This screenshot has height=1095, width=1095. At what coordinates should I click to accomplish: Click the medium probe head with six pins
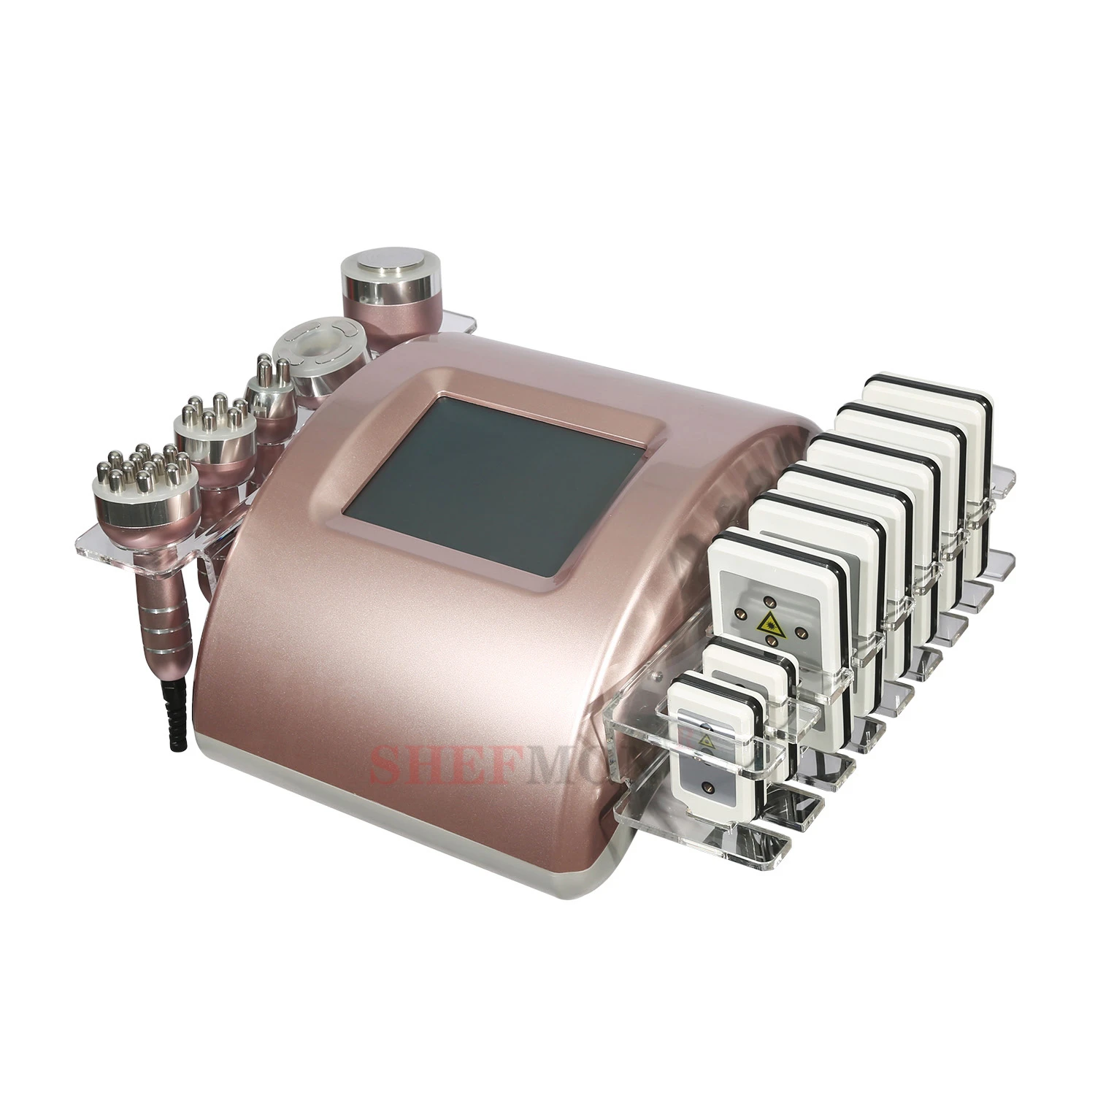pyautogui.click(x=212, y=422)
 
